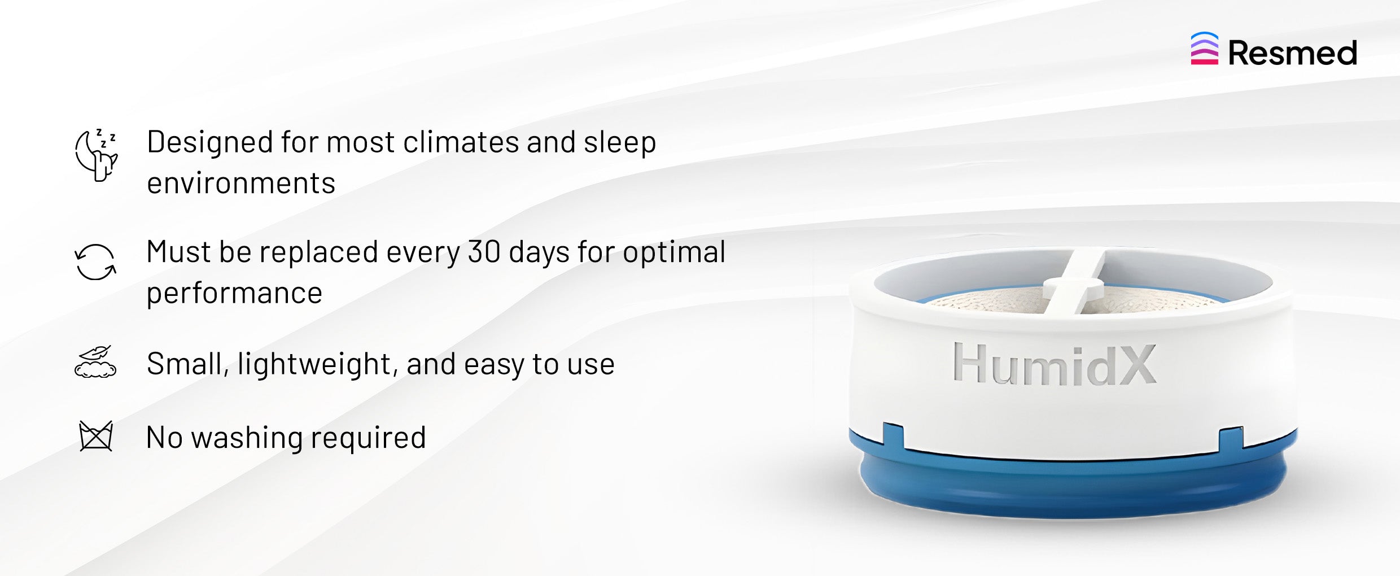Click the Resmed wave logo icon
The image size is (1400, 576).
(x=1204, y=49)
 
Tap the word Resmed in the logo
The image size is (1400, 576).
(x=1293, y=53)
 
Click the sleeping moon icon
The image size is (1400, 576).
(x=97, y=155)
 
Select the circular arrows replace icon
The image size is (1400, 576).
(x=95, y=262)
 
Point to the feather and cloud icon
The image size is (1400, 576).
(x=95, y=361)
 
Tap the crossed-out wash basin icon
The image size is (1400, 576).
(x=96, y=436)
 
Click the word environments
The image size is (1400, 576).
(x=241, y=183)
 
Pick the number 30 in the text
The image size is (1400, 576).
(x=484, y=252)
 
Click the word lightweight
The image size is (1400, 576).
(x=314, y=364)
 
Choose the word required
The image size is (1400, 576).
(x=368, y=438)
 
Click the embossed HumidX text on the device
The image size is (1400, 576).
(x=1055, y=365)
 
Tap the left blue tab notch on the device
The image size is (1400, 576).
(x=893, y=436)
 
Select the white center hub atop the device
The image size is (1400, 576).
(x=1073, y=288)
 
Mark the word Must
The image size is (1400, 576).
(x=178, y=252)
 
